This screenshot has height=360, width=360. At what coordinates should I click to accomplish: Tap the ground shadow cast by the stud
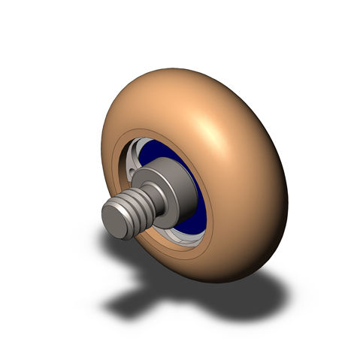point(124,301)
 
